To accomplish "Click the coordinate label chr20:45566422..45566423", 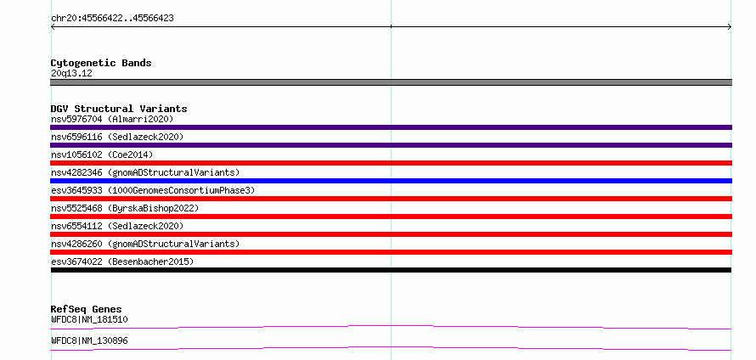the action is pos(112,19).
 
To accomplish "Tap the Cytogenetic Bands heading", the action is pos(101,63).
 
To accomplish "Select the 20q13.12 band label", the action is pos(71,74).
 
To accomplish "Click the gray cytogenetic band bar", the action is pos(391,82).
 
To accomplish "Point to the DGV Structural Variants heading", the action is pos(119,109).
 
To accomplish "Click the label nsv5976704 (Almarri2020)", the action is pos(112,119).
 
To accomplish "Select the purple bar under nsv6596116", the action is pos(391,145).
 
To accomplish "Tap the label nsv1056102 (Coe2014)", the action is pos(102,155).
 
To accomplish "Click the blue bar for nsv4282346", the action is pos(391,181).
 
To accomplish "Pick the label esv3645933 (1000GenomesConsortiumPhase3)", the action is pos(153,190).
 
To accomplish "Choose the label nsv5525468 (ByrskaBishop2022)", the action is pos(125,208).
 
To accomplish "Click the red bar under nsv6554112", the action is pos(391,234).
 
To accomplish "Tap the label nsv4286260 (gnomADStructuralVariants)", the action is pos(145,244).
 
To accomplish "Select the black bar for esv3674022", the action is pos(391,270).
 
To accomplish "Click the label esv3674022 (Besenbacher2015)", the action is pos(122,262).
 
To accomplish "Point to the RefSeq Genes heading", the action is pos(87,309).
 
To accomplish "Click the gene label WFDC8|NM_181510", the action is pos(89,319).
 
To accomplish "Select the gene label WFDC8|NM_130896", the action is pos(89,341).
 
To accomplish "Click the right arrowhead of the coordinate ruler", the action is pos(730,26).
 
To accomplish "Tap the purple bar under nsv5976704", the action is pos(391,127).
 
